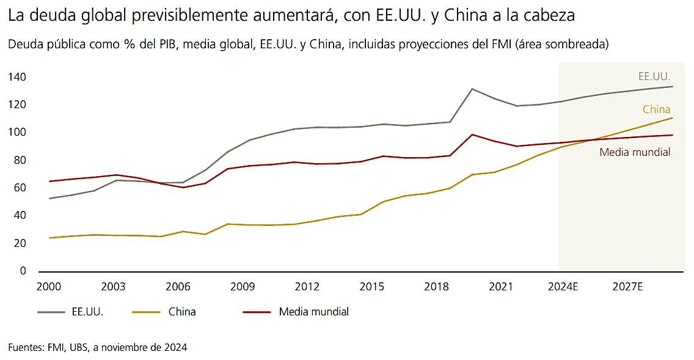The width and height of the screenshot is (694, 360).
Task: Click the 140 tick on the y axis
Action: [x=17, y=77]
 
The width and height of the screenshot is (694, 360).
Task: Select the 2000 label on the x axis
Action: [x=49, y=287]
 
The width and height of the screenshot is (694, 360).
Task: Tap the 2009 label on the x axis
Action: [x=243, y=287]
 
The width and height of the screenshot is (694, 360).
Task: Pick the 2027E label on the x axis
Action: [x=628, y=287]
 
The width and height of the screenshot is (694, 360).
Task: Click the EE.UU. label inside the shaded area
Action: [x=654, y=77]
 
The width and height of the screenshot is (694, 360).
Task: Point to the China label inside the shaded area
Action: [x=657, y=110]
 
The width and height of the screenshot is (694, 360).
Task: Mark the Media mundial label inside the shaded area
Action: [x=635, y=152]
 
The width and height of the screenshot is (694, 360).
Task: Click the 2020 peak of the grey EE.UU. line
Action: [x=472, y=89]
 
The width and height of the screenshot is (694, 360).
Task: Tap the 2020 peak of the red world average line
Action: [x=472, y=134]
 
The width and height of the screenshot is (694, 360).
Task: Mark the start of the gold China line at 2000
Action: [x=49, y=238]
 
